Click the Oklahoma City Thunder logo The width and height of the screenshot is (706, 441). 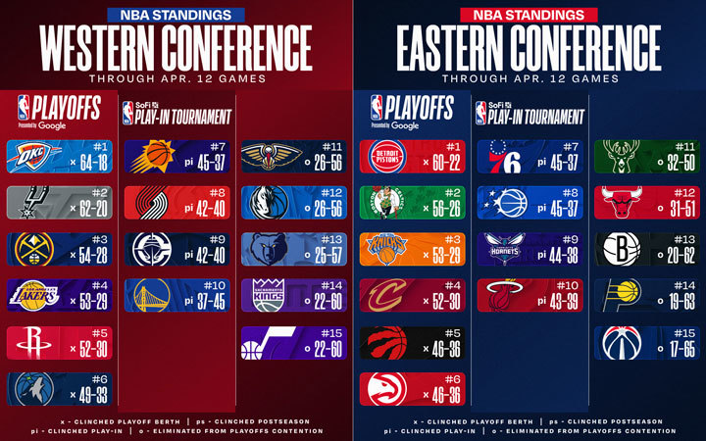(x=33, y=157)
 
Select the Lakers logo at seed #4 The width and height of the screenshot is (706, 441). (x=33, y=295)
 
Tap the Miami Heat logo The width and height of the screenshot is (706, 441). (x=502, y=296)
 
